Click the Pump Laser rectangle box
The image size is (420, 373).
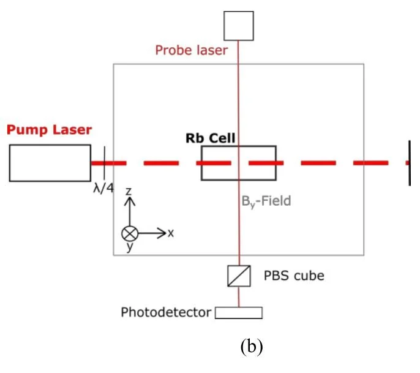tap(50, 163)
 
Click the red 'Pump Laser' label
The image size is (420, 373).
tap(49, 130)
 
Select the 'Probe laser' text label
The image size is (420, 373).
tap(191, 50)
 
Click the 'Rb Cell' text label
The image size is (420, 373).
tap(211, 138)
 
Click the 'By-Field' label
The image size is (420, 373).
tap(264, 200)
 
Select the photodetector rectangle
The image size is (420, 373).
tap(239, 313)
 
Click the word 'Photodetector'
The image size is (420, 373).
tap(165, 313)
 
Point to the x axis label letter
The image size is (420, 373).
tap(171, 233)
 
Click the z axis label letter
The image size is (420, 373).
tap(129, 192)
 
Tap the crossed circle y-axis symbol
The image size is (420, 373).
tap(130, 233)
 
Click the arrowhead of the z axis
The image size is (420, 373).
tap(130, 200)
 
